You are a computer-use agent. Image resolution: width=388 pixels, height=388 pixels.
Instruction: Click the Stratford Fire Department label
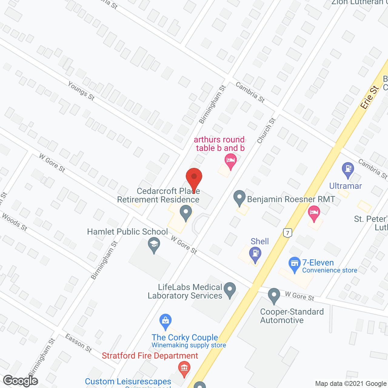pos(150,356)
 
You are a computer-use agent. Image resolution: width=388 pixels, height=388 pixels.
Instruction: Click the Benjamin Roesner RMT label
pos(291,199)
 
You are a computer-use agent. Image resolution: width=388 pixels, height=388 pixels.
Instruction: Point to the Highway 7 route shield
pos(288,233)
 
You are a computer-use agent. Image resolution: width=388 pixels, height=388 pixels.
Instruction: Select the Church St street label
pos(266,131)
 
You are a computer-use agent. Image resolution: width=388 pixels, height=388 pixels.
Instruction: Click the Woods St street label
pos(15,222)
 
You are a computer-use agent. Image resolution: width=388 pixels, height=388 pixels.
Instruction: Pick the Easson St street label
pos(79,343)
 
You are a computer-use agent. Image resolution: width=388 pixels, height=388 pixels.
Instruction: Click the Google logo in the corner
pos(21,381)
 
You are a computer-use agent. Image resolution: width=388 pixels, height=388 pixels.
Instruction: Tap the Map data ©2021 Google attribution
pos(351,384)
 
